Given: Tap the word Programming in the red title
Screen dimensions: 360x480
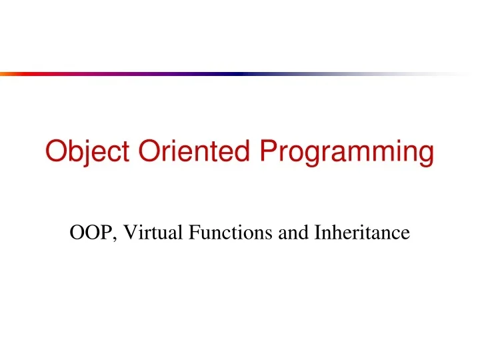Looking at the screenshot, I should (x=347, y=152).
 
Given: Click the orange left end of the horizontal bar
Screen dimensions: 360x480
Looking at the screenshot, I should (x=7, y=74).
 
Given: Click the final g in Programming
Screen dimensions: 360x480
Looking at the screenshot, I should (x=425, y=155).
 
